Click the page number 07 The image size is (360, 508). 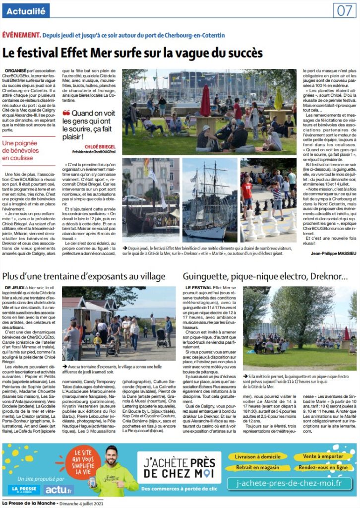point(345,10)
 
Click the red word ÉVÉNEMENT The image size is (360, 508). point(21,35)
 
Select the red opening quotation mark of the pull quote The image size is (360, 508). point(67,113)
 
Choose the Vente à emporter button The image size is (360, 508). point(323,456)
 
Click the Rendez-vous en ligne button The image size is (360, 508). point(323,467)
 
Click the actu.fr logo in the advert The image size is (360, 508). point(59,489)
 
